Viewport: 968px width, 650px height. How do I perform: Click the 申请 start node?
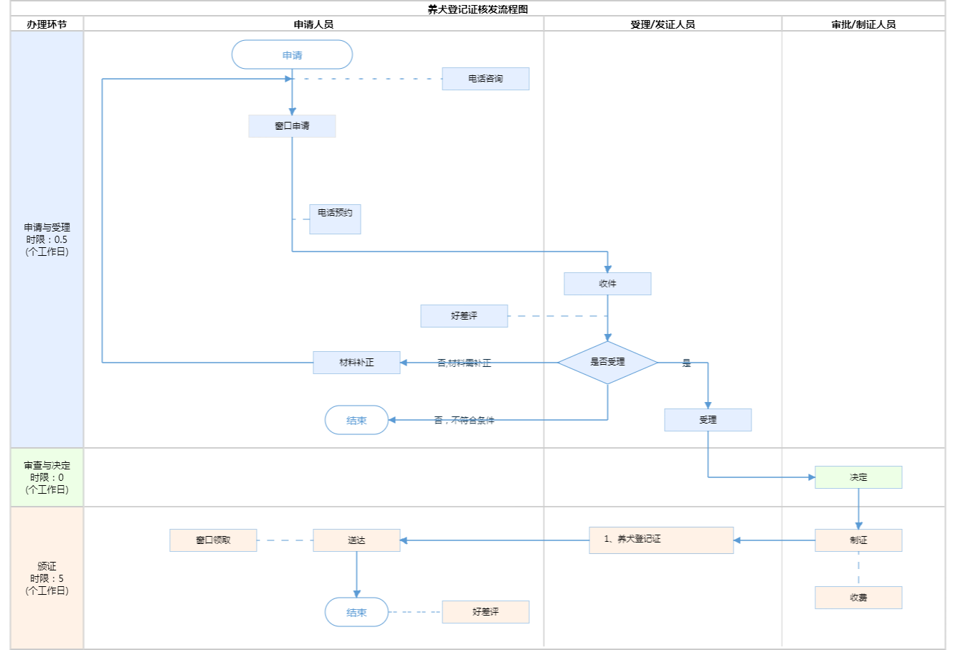tap(292, 55)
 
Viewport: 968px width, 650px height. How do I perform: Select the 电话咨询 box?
tap(485, 79)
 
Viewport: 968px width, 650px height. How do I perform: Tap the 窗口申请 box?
tap(292, 126)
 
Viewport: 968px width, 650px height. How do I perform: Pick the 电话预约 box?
tap(335, 219)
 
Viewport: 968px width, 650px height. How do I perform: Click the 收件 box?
tap(607, 284)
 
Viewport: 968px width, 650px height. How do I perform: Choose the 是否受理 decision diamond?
tap(607, 363)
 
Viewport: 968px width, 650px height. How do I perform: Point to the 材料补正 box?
tap(356, 363)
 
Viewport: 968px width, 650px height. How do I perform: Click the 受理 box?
tap(708, 420)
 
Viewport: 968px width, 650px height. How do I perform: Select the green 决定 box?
tap(858, 477)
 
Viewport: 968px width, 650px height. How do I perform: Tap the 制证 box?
tap(858, 540)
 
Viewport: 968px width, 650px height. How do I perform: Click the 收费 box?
tap(858, 598)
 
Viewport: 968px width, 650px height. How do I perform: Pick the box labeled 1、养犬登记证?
tap(661, 540)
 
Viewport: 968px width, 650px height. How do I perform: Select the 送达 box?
tap(356, 540)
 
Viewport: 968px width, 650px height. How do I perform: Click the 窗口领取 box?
tap(213, 540)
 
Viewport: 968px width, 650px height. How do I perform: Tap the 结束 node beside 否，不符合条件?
tap(356, 421)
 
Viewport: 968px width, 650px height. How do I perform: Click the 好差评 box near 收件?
tap(464, 316)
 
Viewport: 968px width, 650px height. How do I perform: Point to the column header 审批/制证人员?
tap(863, 24)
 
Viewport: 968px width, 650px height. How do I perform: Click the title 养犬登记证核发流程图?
tap(478, 9)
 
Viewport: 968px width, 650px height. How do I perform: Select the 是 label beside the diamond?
tap(686, 363)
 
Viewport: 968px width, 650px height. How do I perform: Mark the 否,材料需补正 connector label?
tap(464, 363)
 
